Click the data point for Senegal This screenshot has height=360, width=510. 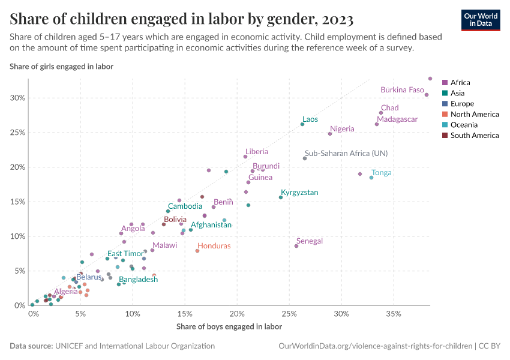(x=296, y=246)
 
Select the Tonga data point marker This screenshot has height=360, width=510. (x=371, y=178)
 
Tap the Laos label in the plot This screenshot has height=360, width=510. (x=310, y=119)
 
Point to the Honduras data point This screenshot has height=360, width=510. (x=197, y=251)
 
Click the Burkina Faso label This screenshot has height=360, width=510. (x=402, y=90)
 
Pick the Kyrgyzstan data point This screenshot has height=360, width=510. (x=281, y=197)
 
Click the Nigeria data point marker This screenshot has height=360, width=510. (x=330, y=134)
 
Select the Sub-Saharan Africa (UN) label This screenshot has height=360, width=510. (x=346, y=153)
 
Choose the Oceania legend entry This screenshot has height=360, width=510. (x=464, y=125)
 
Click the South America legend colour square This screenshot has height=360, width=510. (x=445, y=136)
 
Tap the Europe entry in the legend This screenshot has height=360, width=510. (x=462, y=104)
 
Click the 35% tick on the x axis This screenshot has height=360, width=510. (x=393, y=314)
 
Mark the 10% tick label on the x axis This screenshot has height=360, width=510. (x=133, y=314)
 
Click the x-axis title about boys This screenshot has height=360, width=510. (x=229, y=327)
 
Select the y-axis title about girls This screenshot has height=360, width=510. (x=61, y=66)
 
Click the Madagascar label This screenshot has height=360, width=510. (x=397, y=119)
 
